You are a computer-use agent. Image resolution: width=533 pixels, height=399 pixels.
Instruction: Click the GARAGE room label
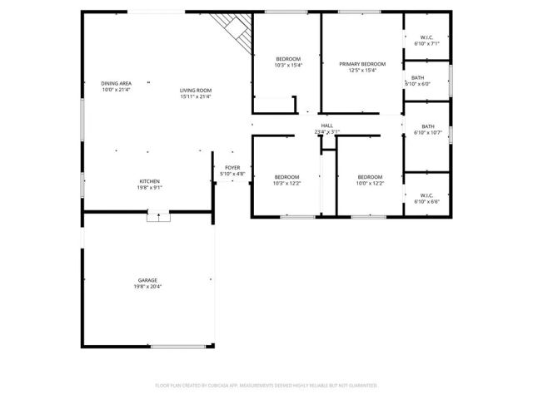(147, 280)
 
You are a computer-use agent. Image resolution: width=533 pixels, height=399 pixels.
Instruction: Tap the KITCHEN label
(149, 181)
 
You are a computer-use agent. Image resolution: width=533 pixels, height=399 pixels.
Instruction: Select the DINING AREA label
(117, 83)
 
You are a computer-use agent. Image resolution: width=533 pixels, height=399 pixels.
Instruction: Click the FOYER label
(233, 168)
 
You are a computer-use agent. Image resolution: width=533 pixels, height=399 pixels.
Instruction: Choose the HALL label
(327, 126)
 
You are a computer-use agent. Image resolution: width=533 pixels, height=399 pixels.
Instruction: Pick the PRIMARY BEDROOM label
(362, 64)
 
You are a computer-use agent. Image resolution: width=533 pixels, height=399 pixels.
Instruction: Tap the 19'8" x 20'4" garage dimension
(147, 287)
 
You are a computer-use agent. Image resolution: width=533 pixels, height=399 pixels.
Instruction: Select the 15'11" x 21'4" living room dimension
(196, 96)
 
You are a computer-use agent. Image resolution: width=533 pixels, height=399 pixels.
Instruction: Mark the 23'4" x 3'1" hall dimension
(327, 132)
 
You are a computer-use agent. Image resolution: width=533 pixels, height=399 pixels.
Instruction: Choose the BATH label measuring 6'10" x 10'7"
(427, 126)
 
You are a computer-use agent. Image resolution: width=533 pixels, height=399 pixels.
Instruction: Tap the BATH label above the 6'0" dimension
(417, 77)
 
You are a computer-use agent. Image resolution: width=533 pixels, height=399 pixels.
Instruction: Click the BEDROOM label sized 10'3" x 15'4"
(289, 57)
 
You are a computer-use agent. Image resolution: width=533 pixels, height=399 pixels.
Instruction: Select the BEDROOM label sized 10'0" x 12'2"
(370, 176)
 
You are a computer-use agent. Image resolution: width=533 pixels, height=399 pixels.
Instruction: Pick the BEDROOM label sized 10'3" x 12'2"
(286, 176)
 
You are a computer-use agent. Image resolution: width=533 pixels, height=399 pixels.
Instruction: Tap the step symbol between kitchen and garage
(158, 217)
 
